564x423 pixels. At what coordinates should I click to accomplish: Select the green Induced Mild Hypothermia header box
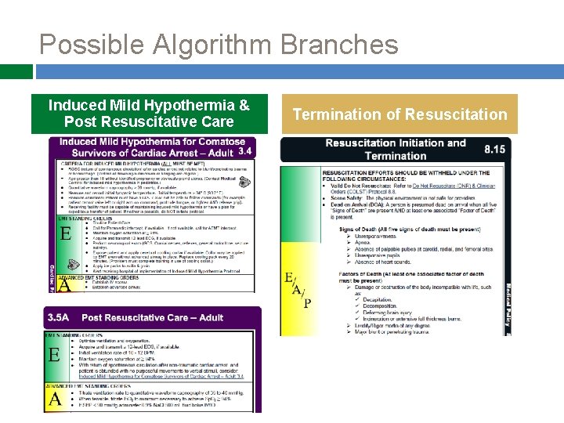coord(149,114)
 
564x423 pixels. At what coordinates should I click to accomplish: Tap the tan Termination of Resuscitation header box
coord(399,114)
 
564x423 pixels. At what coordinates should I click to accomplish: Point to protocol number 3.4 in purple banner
coord(245,151)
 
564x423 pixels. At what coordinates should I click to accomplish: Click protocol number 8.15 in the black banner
coord(495,149)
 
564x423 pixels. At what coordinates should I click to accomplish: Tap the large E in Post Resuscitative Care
coord(55,356)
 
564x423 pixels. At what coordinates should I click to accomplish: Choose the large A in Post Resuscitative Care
coord(55,398)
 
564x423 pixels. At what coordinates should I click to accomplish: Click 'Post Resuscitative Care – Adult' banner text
coord(151,317)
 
